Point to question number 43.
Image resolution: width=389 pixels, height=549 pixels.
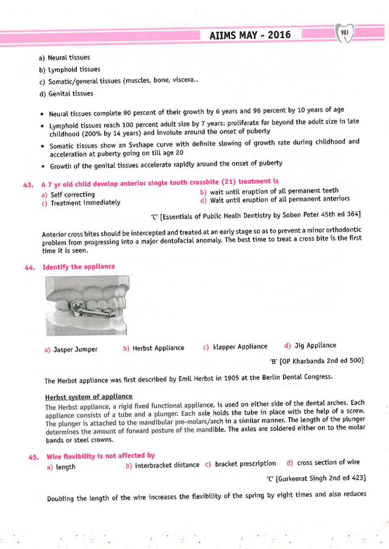coord(29,182)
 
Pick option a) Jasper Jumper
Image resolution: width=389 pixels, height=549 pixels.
coord(71,350)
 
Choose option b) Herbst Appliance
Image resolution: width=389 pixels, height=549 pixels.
coord(154,348)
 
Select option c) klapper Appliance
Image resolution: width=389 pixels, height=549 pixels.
coord(235,347)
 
